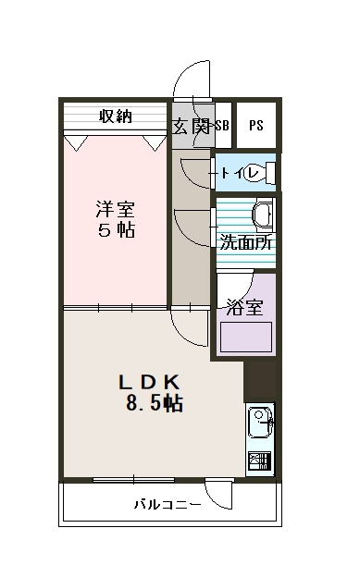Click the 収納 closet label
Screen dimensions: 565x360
(115, 116)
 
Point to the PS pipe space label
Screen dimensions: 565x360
(255, 126)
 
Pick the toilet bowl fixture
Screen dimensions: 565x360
(267, 173)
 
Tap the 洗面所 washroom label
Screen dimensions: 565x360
(245, 243)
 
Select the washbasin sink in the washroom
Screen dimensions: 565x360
(262, 215)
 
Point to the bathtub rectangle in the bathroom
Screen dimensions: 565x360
(245, 338)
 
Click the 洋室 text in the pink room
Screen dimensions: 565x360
(116, 207)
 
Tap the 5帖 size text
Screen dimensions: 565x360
(116, 230)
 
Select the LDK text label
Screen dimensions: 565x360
(154, 381)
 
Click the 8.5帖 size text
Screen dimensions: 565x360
(155, 403)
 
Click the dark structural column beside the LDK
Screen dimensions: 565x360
(262, 379)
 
